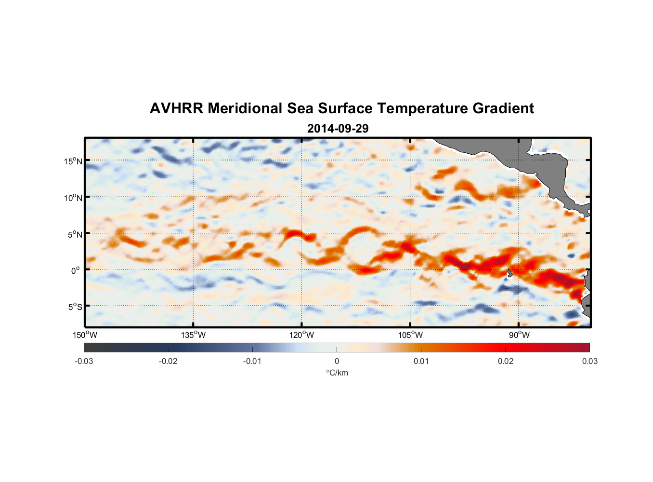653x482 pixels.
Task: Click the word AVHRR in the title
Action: tap(176, 108)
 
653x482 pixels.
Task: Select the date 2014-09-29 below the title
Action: tap(338, 129)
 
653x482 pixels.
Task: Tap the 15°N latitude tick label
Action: tap(73, 161)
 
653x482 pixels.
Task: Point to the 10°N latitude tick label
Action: tap(73, 198)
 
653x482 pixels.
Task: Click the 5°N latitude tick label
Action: tap(75, 234)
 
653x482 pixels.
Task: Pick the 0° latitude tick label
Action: tap(76, 271)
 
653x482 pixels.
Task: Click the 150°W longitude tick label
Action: tap(85, 335)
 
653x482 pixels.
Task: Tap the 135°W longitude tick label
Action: tap(193, 335)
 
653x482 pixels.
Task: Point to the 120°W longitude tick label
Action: tap(301, 335)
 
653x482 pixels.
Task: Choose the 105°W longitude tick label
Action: tap(410, 335)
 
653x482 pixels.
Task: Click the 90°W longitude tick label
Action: tap(519, 335)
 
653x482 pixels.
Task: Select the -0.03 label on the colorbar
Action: tap(84, 361)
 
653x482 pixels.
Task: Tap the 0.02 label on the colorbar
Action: tap(506, 361)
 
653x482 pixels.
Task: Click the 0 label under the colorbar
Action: tap(337, 361)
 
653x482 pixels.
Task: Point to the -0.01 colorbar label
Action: tap(252, 361)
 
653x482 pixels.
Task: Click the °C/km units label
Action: tap(337, 373)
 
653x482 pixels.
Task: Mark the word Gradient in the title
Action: tap(503, 108)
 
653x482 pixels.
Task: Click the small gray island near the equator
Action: tap(509, 273)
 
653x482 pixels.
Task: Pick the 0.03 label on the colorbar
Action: tap(589, 361)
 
